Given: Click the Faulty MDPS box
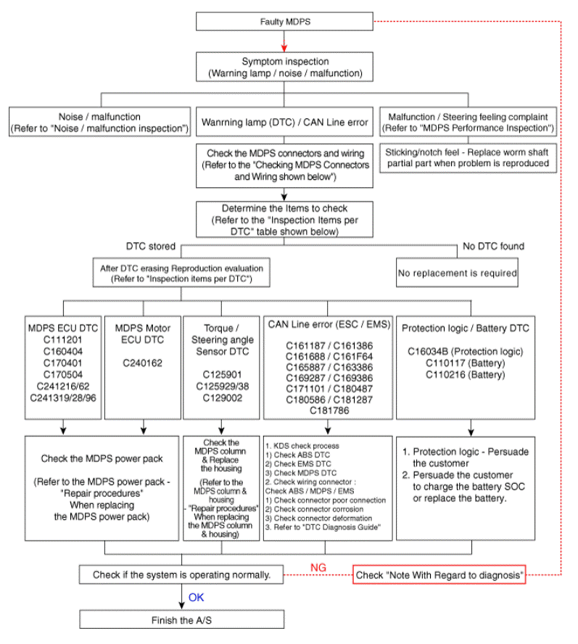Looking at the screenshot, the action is click(x=284, y=21).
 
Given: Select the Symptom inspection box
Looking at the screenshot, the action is click(x=284, y=67).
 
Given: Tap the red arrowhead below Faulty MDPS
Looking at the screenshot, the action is click(x=284, y=47).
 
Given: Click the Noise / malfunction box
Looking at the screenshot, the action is click(x=100, y=122).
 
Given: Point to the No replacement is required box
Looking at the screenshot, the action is click(x=457, y=273).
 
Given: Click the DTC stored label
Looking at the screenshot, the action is click(x=150, y=247).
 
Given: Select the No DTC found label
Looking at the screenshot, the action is click(x=493, y=247).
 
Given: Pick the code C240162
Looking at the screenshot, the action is click(x=143, y=363).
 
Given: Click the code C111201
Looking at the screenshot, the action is click(x=63, y=340).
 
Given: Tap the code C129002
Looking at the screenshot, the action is click(x=222, y=398).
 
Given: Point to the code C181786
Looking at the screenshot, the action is click(x=329, y=410).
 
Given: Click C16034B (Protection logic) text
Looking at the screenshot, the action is click(x=465, y=352).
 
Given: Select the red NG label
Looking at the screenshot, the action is click(x=318, y=568).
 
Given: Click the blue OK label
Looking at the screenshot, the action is click(x=196, y=598).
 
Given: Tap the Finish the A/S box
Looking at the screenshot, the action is click(x=181, y=619).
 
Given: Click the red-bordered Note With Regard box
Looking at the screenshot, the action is click(x=439, y=574).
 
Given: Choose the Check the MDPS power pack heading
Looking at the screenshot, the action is click(x=102, y=459).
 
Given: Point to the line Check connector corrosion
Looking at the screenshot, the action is click(x=314, y=509).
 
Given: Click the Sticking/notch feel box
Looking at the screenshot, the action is click(x=468, y=158).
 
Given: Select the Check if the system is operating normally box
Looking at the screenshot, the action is click(x=181, y=574).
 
